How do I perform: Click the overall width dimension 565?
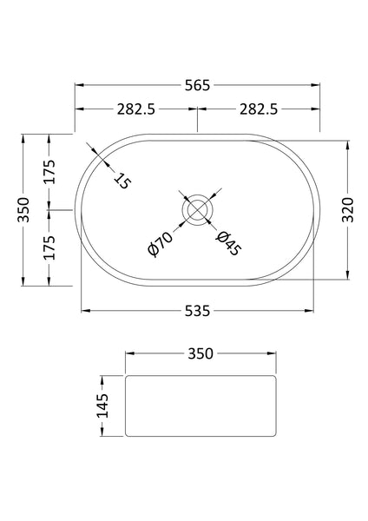(x=198, y=85)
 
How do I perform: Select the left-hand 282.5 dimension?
(x=136, y=109)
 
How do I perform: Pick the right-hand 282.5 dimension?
(x=259, y=109)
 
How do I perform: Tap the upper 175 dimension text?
(x=49, y=172)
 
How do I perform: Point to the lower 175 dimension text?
(x=49, y=247)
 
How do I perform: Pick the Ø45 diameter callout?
(x=228, y=243)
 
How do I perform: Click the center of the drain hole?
(x=198, y=209)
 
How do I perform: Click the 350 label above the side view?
(x=200, y=353)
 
